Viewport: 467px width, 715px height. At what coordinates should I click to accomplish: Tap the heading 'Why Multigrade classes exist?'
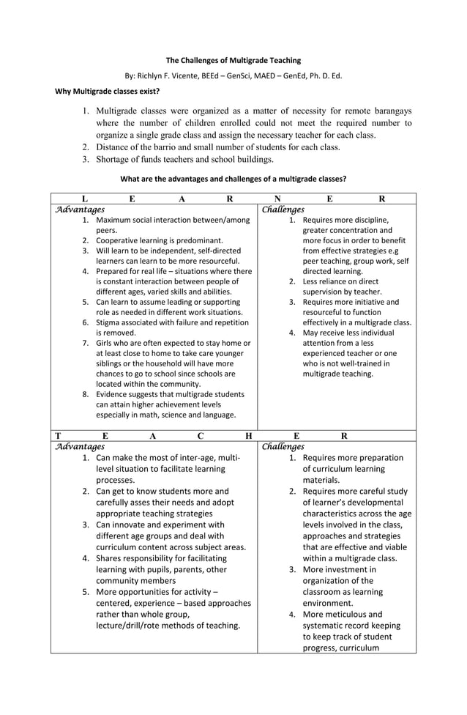pos(108,92)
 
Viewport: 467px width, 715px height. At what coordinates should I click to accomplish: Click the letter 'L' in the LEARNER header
pos(85,198)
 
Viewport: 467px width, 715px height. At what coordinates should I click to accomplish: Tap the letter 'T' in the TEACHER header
pos(58,435)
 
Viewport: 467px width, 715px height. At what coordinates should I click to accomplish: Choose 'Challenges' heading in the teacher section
pos(283,446)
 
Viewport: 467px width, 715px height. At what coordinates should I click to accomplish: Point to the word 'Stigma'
pos(108,322)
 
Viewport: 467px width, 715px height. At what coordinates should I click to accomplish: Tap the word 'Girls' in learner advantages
pos(105,343)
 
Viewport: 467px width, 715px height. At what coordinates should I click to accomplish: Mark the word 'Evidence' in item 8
pos(113,394)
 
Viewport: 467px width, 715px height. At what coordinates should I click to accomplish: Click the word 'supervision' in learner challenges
pos(326,291)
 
